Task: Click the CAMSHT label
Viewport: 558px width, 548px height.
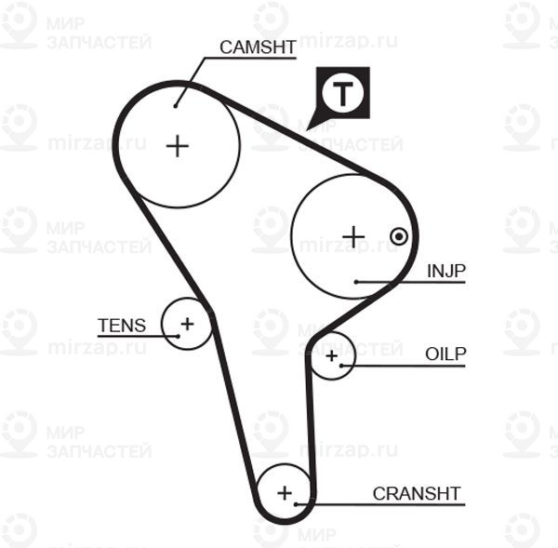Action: pos(258,47)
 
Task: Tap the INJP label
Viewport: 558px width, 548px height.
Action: pos(445,271)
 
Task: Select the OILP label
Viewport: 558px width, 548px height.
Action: pos(445,354)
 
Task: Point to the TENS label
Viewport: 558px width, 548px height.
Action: pos(122,326)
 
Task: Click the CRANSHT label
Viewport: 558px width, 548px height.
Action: pos(417,493)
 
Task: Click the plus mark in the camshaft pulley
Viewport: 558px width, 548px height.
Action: pos(177,145)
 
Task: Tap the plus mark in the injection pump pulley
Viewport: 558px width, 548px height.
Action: pos(352,236)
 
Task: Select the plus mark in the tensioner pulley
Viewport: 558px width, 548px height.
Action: pos(187,324)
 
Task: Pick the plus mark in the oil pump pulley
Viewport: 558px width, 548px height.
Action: pos(332,354)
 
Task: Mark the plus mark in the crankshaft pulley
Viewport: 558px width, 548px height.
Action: pos(285,491)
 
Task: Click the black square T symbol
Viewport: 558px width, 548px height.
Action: pos(343,92)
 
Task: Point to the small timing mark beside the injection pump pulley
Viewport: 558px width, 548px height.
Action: pos(399,236)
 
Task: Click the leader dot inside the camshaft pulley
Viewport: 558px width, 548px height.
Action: pos(175,105)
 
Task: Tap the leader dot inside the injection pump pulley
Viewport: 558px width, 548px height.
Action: pos(356,281)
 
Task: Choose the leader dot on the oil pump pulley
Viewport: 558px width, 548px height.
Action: pos(343,366)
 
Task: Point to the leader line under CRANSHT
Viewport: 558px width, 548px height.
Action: pos(381,504)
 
